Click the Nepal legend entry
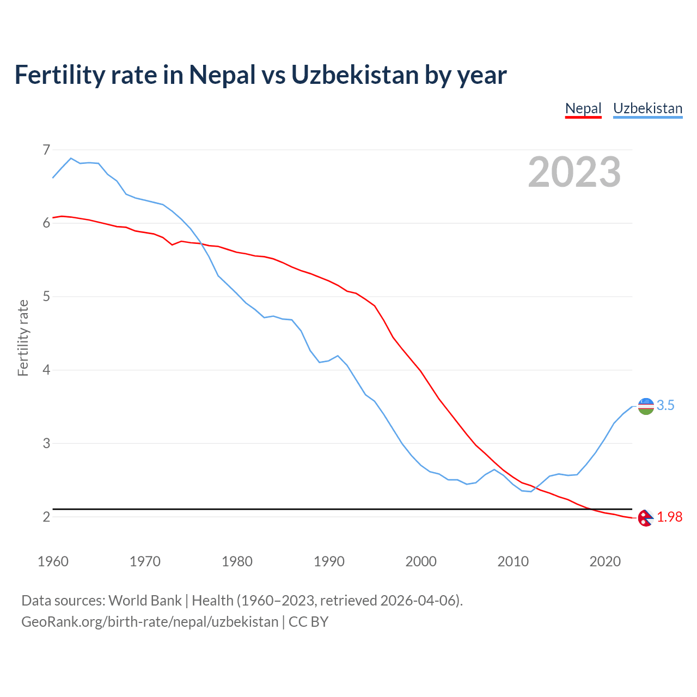583,108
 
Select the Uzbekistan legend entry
647,108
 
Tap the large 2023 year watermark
574,172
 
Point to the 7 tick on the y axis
46,149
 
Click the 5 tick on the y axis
46,296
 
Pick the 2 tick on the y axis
46,516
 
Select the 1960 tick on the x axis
53,561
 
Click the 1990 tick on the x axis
329,561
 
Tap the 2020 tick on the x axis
605,561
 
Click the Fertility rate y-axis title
23,338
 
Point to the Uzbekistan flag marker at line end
646,406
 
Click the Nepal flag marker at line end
645,518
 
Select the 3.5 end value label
665,406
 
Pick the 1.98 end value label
669,517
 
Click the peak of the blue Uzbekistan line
71,158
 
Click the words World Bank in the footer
145,601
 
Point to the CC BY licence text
308,622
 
